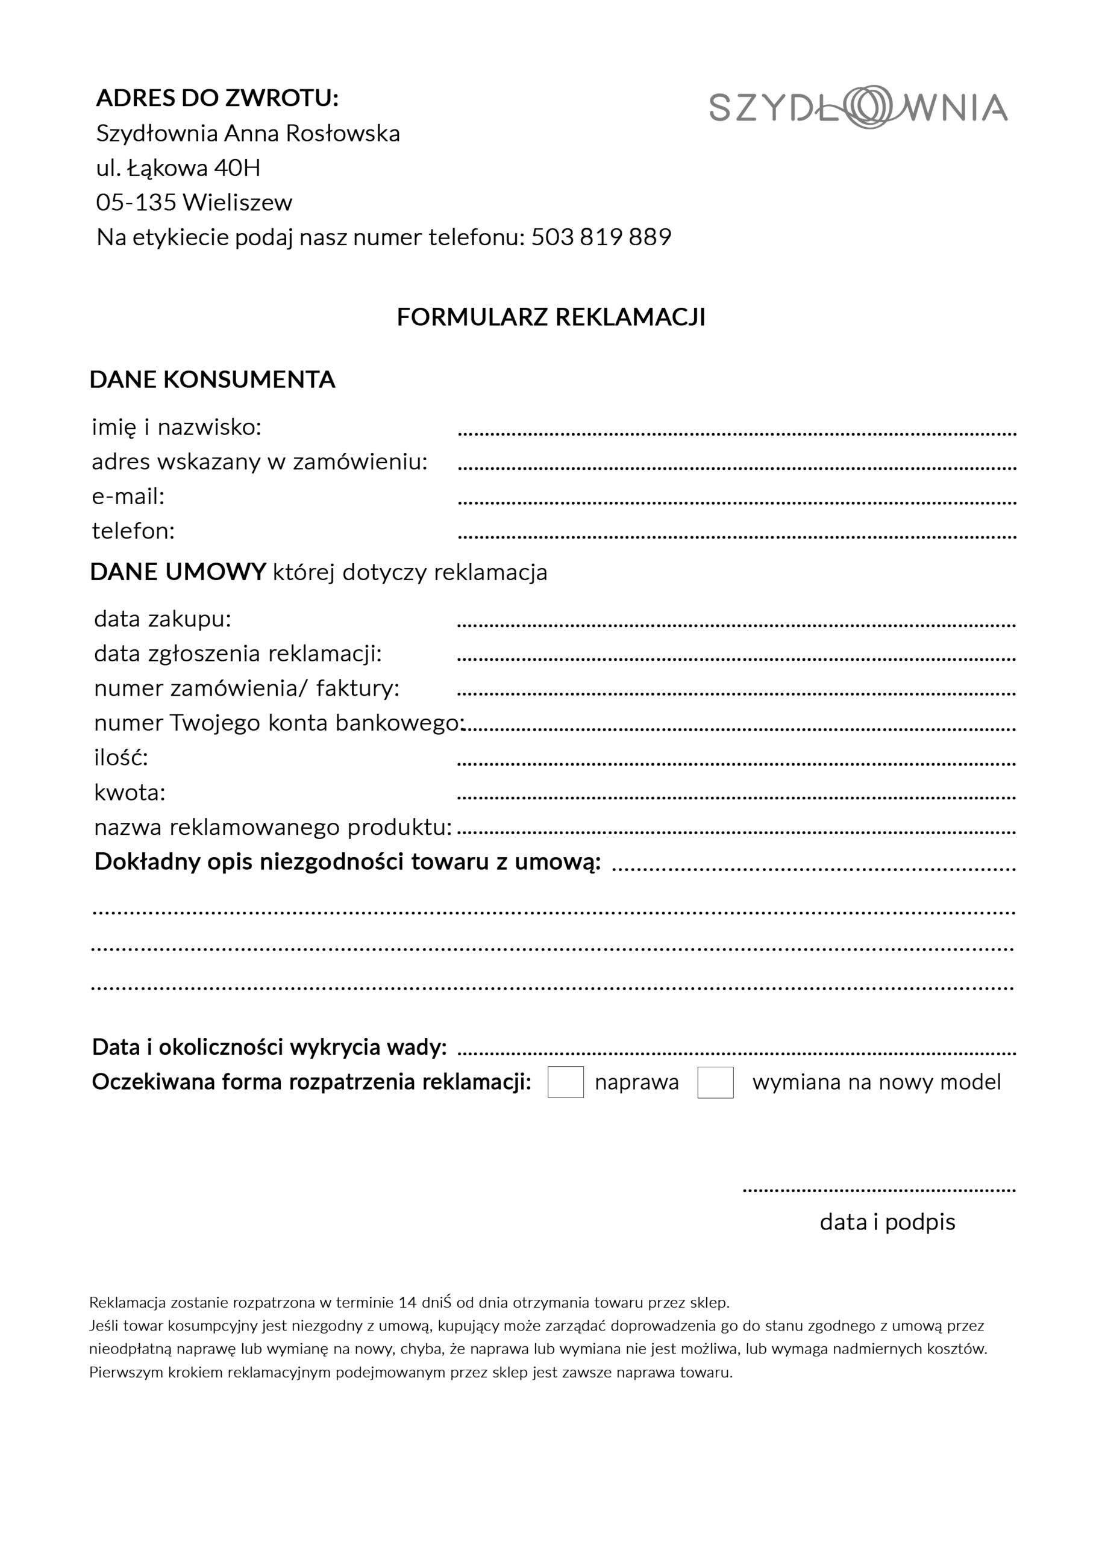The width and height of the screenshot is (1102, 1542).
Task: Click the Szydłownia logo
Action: coord(858,107)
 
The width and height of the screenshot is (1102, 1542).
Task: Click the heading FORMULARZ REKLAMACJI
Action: coord(551,317)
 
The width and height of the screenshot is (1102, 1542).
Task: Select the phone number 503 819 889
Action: coord(601,237)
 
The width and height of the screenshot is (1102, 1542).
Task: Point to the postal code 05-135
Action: coord(136,202)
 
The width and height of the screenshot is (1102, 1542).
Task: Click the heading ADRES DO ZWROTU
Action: coord(217,98)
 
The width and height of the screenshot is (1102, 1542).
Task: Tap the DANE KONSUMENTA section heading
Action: coord(213,379)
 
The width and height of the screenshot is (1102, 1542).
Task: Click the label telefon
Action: coord(133,531)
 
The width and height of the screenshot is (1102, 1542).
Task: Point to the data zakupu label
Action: coord(163,619)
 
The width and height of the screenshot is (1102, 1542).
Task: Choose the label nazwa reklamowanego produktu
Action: coord(273,828)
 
